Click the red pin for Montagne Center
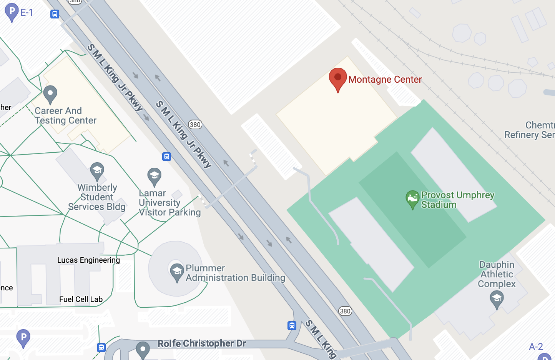tap(338, 78)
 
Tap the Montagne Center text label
tap(385, 80)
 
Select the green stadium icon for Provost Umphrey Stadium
tap(412, 198)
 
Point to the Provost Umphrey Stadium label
tap(457, 200)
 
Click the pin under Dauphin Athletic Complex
tap(497, 299)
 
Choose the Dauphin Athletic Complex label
tap(497, 274)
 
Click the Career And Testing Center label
tap(65, 116)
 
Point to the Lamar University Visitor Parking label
tap(169, 203)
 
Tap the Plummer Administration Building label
tap(235, 273)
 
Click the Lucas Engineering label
tap(88, 260)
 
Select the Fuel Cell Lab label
tap(81, 299)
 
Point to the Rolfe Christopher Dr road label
tap(201, 343)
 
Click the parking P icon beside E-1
tap(12, 12)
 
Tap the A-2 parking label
tap(536, 347)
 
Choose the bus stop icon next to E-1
tap(55, 14)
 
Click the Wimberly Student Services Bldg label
tap(97, 197)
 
